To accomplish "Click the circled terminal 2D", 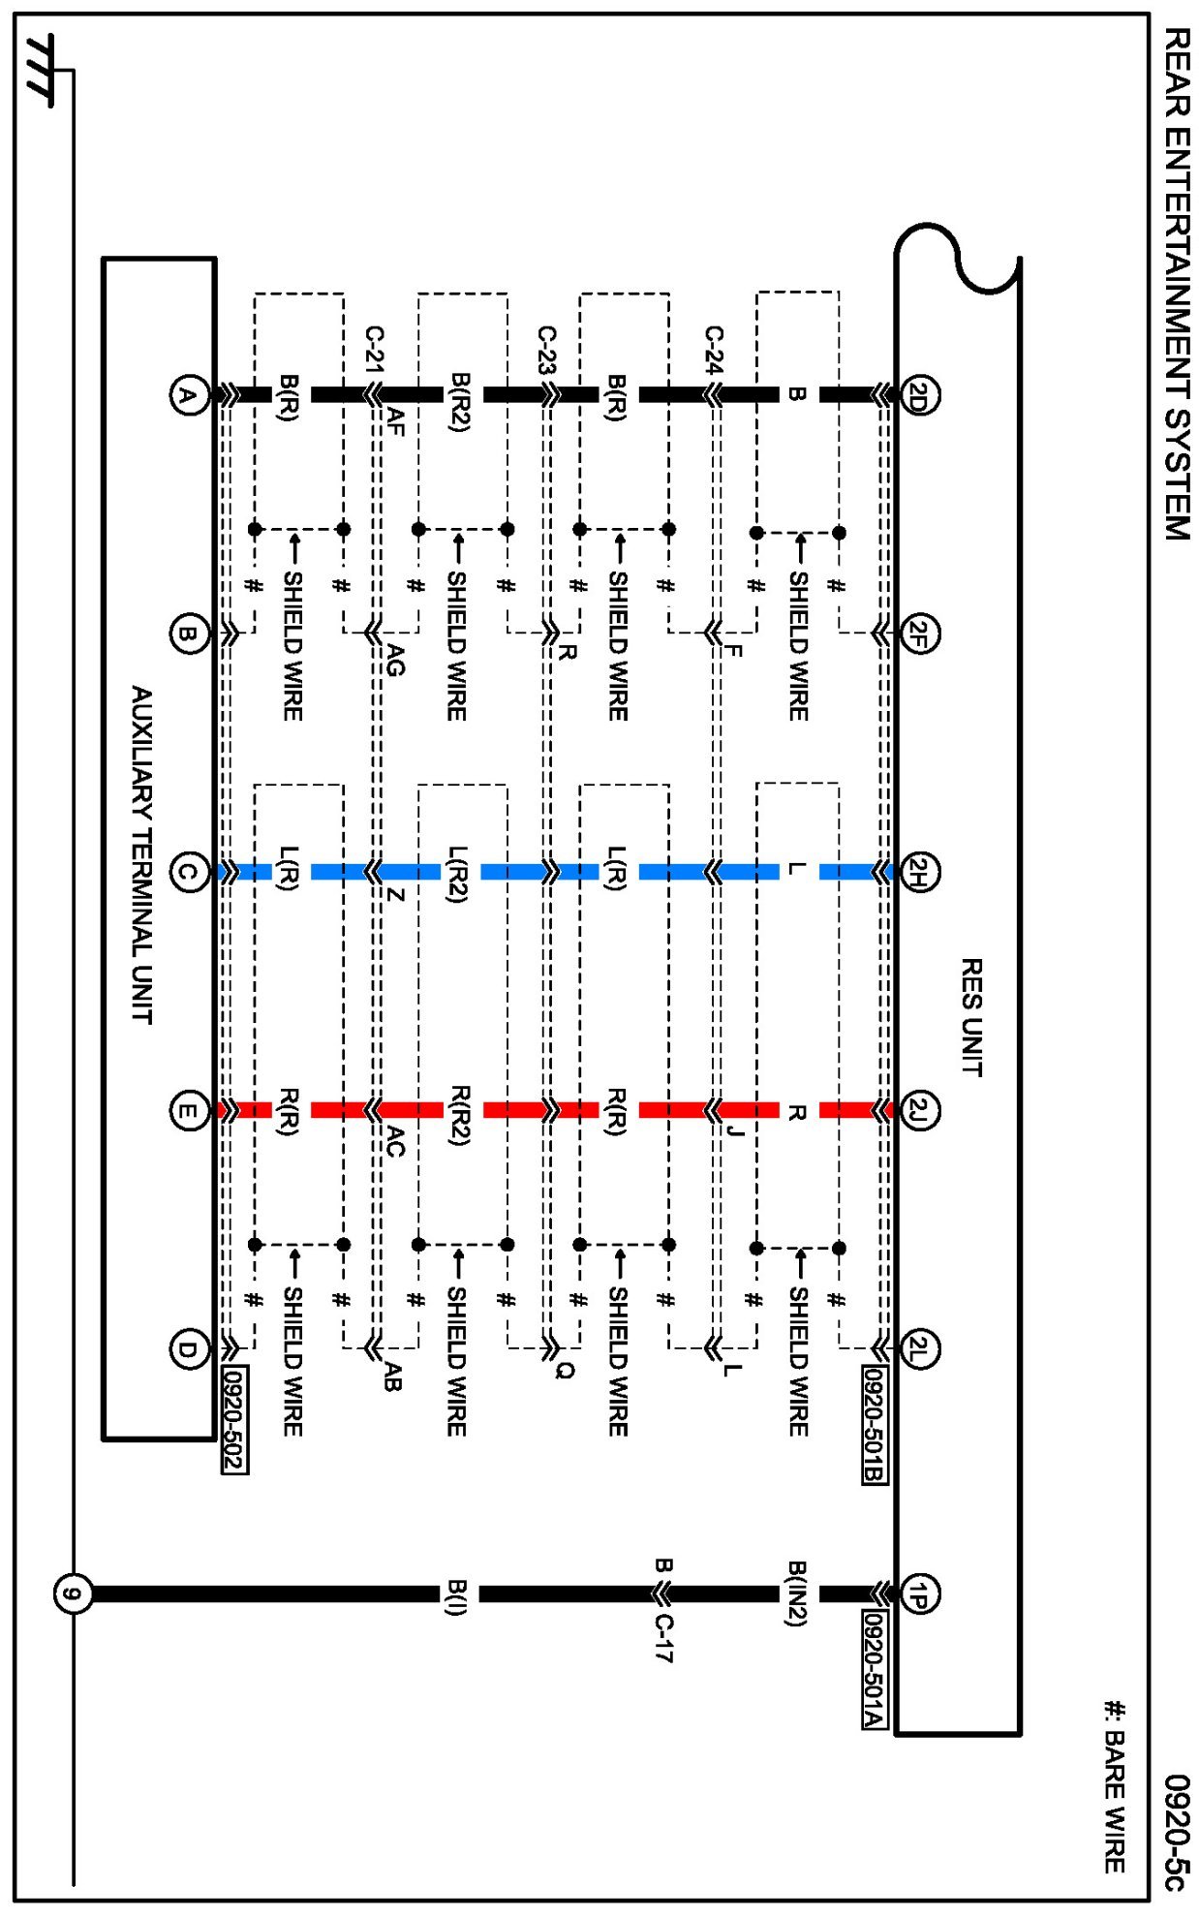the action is coord(918,395).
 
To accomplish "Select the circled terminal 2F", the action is coord(918,634).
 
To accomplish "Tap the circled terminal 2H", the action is coord(918,872).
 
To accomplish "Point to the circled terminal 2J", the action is coord(918,1110).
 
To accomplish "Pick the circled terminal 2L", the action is coord(918,1348).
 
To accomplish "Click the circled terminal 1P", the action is coord(918,1593).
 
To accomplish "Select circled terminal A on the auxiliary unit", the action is coord(189,395).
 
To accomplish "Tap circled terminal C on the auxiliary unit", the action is coord(189,872).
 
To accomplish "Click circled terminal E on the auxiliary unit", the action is coord(189,1110).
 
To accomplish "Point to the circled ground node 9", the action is coord(73,1593).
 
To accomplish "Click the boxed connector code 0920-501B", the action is coord(875,1424).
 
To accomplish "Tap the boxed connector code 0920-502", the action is coord(234,1419).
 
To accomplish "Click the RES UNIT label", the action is coord(971,1017).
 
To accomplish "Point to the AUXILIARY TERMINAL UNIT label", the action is coord(142,854).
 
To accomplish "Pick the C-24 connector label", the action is coord(714,350).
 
